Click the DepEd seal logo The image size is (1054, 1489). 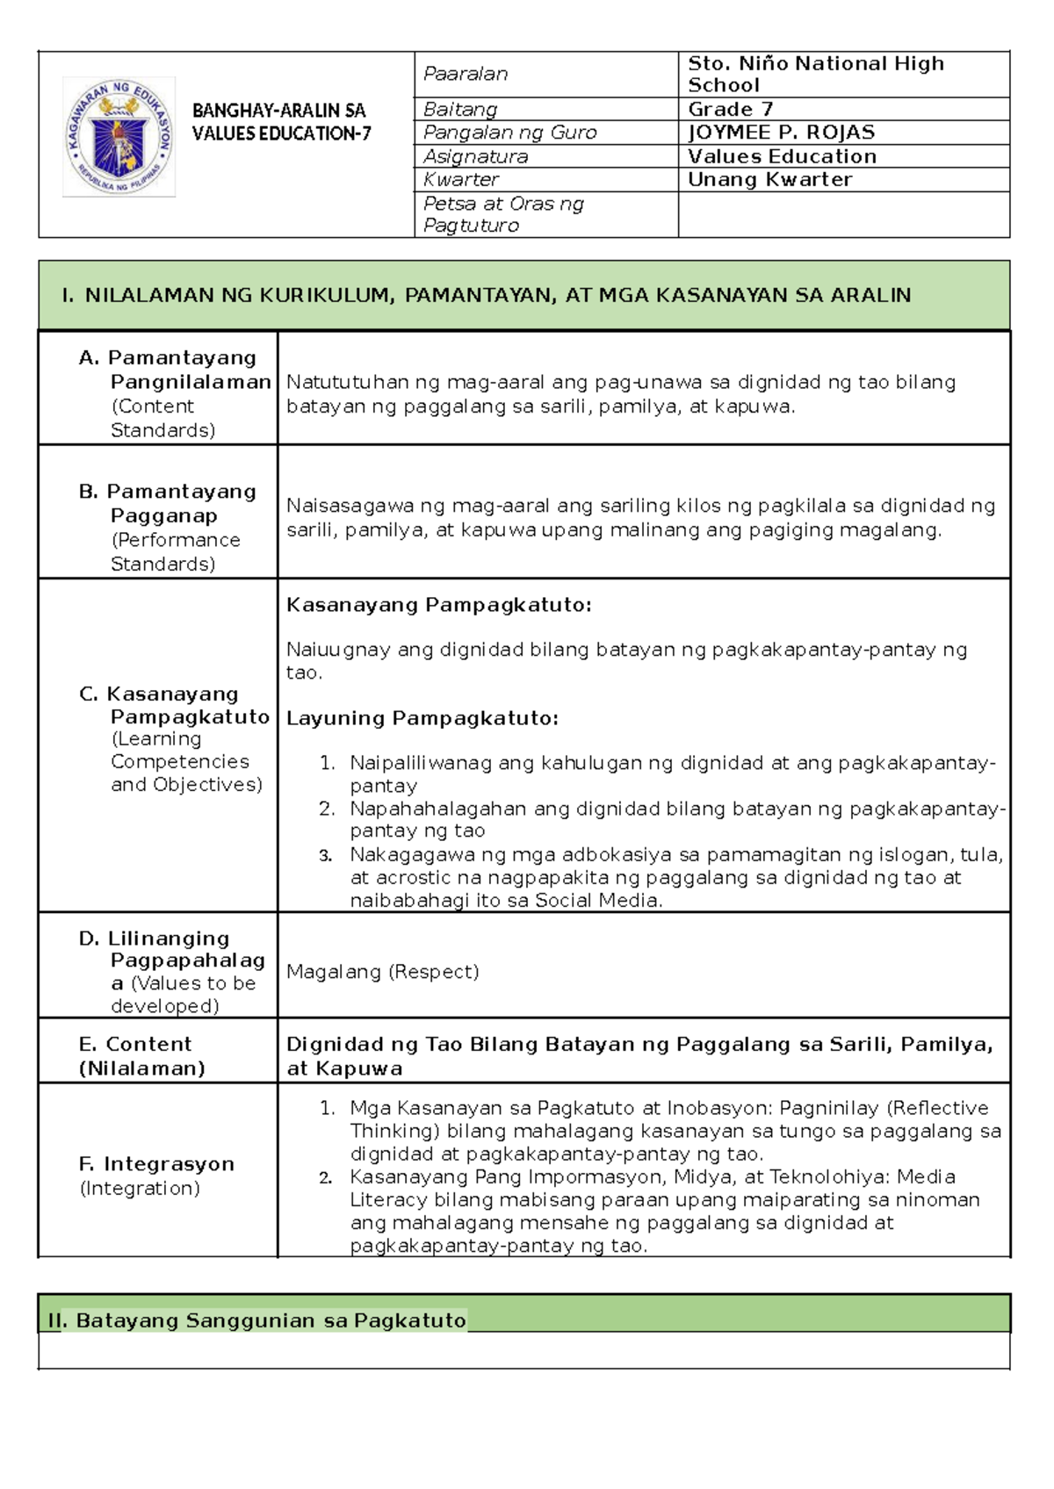pos(119,136)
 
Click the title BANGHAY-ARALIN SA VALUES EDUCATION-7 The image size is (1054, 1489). pos(280,122)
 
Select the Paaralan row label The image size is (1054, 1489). pos(466,74)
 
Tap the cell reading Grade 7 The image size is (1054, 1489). pos(730,110)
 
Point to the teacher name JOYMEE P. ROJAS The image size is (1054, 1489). pos(781,133)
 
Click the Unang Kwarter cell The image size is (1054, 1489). pos(769,180)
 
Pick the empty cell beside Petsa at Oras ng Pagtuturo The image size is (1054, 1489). pos(843,215)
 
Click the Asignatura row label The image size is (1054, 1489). pos(475,156)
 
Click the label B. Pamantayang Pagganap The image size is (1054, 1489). pos(168,503)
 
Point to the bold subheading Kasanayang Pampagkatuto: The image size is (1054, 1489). pos(439,605)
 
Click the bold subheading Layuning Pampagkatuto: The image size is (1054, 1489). pos(422,718)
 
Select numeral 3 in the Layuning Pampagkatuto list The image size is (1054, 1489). pos(326,855)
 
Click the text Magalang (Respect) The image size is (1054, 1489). pos(383,972)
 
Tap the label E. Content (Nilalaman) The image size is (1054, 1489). pos(141,1056)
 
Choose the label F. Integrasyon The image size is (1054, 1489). pos(156,1164)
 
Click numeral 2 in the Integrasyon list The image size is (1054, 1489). pos(326,1177)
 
